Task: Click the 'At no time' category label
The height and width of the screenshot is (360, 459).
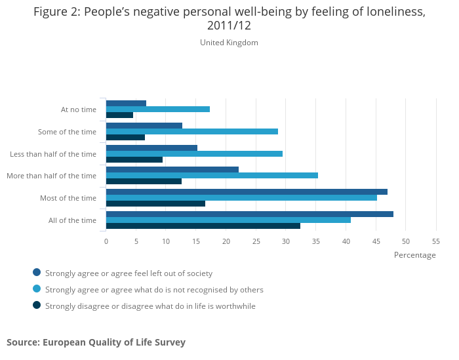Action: (79, 110)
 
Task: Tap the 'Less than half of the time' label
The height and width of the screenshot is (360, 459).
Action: (53, 154)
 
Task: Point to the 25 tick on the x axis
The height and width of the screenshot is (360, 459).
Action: (256, 241)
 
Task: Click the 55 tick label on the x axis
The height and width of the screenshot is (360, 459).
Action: (435, 241)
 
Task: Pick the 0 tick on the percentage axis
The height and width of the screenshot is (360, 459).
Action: (106, 241)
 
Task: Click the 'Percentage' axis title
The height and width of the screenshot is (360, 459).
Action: (414, 255)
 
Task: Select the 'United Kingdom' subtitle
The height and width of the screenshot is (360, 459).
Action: (229, 43)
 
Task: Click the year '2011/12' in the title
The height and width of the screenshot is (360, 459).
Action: (229, 26)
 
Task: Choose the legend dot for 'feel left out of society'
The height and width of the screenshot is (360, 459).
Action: (37, 273)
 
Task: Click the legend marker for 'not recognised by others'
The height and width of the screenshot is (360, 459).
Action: (37, 289)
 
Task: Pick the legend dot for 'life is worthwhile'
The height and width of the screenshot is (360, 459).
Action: (37, 305)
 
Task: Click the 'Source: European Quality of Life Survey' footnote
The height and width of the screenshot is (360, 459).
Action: (96, 342)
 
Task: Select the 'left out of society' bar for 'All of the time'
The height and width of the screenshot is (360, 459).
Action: (249, 214)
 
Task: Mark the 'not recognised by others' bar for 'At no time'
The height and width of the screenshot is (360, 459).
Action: (157, 109)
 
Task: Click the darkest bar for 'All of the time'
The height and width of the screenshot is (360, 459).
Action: (203, 226)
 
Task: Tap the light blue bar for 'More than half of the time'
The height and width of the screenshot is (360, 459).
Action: (212, 175)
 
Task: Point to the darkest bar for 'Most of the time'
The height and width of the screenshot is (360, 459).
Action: (155, 203)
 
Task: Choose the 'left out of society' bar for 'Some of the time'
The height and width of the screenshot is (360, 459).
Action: (144, 125)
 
